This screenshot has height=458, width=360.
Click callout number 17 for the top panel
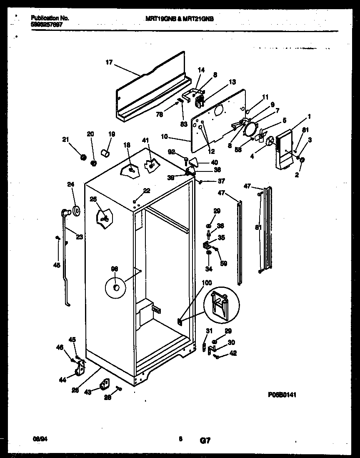(x=109, y=63)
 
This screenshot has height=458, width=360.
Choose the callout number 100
(x=207, y=282)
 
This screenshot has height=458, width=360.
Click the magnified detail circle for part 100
(x=222, y=304)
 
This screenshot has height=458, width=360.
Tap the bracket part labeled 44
(x=80, y=367)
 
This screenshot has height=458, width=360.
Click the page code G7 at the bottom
(x=205, y=440)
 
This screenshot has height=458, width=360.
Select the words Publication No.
(x=50, y=18)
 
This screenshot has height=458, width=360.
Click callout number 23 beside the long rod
(x=79, y=237)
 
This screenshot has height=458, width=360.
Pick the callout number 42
(x=233, y=353)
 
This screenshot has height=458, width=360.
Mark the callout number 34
(x=208, y=269)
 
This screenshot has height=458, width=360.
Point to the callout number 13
(x=232, y=82)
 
